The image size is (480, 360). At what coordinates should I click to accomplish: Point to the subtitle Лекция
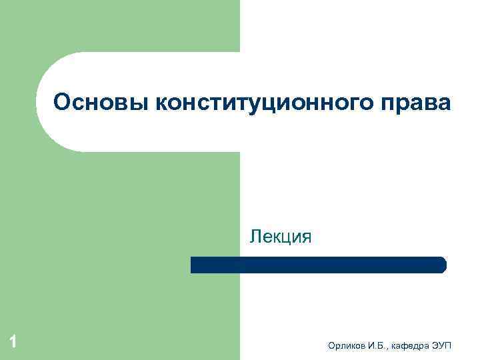pyautogui.click(x=281, y=236)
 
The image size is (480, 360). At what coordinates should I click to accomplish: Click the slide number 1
pyautogui.click(x=13, y=343)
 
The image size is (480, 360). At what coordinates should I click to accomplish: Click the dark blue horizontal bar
pyautogui.click(x=318, y=265)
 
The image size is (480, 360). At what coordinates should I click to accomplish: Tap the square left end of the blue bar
pyautogui.click(x=194, y=265)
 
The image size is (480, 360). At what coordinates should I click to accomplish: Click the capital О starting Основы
pyautogui.click(x=62, y=103)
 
